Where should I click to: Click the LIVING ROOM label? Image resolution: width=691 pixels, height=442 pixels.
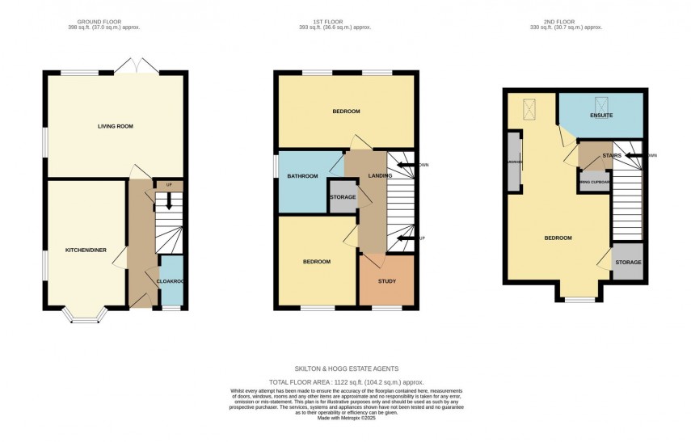pos(115,126)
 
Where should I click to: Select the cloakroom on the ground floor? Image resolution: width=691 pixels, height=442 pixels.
pos(171,281)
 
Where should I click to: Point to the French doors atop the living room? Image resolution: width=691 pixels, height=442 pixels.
pos(130,67)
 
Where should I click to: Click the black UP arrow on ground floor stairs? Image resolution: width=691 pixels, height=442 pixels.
pos(168,200)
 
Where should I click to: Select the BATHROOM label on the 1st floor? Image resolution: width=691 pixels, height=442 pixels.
pos(302,176)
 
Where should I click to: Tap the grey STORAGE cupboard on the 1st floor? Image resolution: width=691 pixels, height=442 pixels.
pos(343,197)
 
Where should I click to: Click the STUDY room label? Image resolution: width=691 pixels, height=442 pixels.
pos(387,281)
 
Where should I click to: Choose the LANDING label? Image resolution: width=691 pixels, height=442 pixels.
pos(380,176)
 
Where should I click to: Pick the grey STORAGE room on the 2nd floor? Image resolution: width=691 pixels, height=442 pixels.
pos(628,262)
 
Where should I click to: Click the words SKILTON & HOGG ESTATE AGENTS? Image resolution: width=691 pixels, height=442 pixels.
pos(346,368)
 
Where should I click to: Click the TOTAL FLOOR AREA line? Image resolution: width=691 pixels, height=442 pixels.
pos(346,382)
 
